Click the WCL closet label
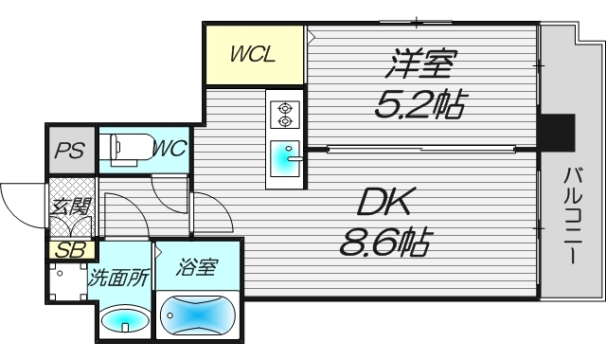[x=253, y=54]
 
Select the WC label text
[x=169, y=149]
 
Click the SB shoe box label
[x=68, y=250]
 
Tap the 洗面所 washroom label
[x=119, y=279]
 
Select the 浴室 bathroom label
[x=196, y=268]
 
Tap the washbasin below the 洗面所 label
[x=121, y=320]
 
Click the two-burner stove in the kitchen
[x=284, y=115]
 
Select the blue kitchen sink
[x=284, y=159]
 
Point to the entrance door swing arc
[x=21, y=201]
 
